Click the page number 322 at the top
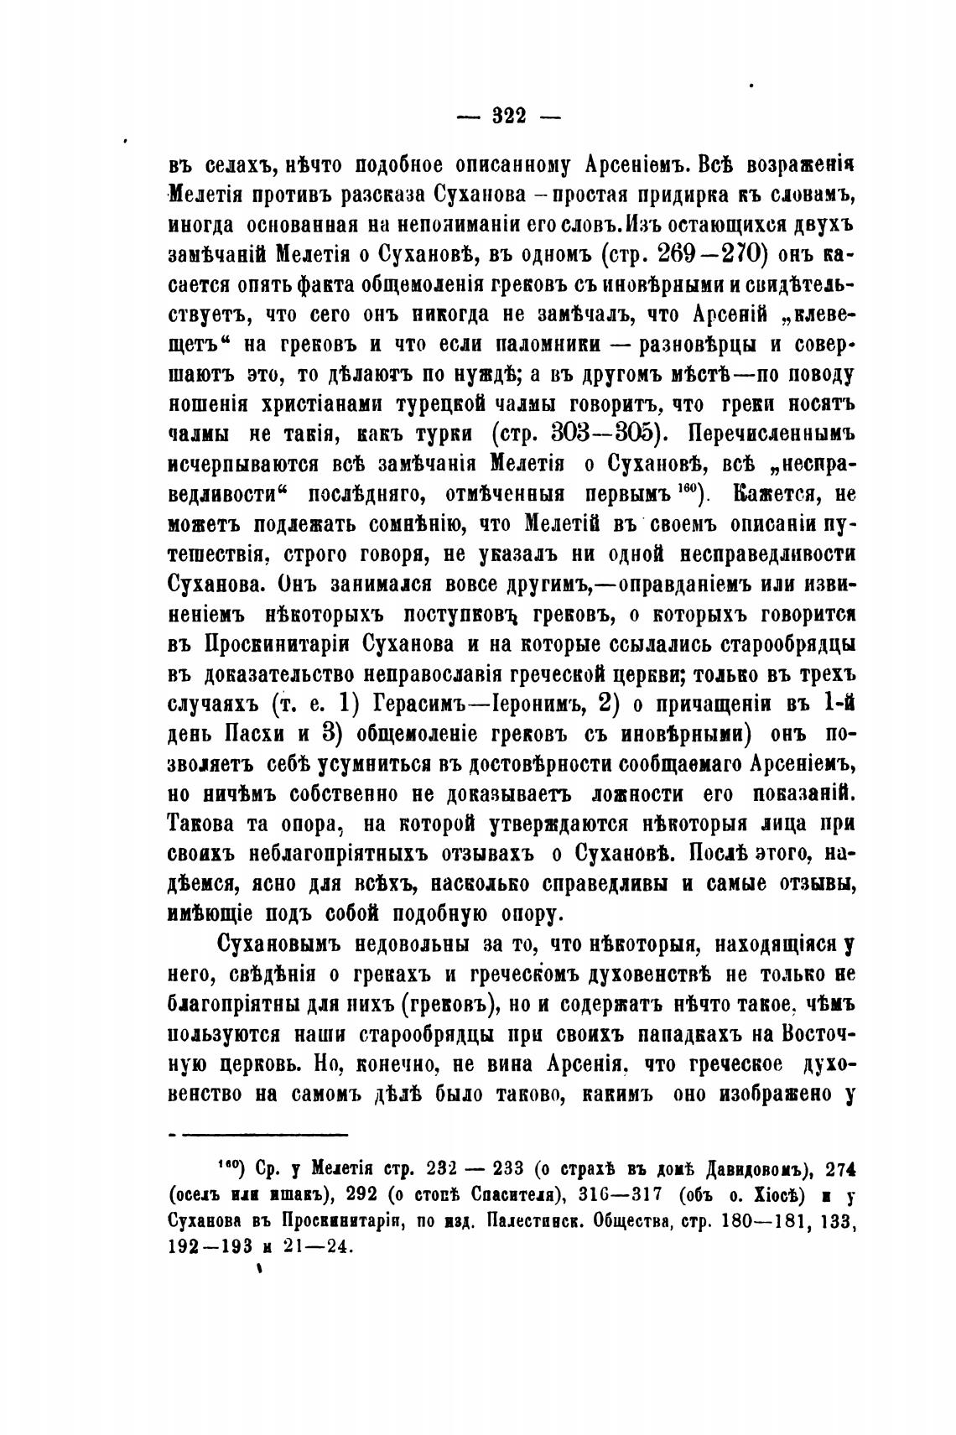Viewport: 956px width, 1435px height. pyautogui.click(x=508, y=117)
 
